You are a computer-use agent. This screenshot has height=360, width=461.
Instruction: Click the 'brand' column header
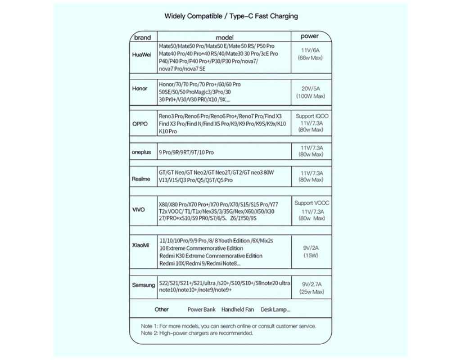coord(143,37)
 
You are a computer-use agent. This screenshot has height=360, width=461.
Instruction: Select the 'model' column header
coord(225,37)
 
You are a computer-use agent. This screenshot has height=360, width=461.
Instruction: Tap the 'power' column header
coord(310,36)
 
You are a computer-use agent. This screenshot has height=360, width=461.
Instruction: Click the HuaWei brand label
coord(142,54)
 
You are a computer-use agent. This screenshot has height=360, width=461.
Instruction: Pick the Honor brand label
coord(140,88)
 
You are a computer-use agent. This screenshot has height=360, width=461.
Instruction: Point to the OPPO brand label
coord(140,124)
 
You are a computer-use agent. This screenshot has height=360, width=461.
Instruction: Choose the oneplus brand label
coord(141,152)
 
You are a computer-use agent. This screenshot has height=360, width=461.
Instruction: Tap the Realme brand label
coord(141,179)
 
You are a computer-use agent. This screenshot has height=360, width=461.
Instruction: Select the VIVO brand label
coord(139,209)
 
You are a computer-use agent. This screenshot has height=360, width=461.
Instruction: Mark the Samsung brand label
coord(143,285)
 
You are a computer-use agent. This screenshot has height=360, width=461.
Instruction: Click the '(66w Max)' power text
coord(310,58)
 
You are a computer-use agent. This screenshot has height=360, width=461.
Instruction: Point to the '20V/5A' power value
coord(311,89)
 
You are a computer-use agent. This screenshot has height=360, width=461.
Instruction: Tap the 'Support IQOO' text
coord(312,116)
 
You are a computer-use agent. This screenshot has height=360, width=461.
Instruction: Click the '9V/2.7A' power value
coord(312,284)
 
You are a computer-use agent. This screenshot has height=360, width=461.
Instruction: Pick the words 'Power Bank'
coord(202,310)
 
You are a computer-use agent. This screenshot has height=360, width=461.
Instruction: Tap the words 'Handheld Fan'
coord(238,310)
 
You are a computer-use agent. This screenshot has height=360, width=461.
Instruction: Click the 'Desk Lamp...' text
coord(276,310)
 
